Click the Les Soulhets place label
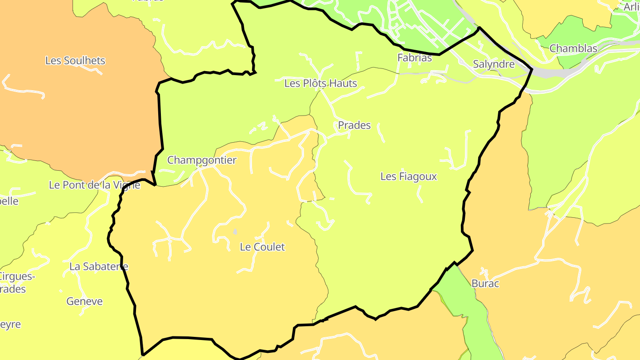pos(75,60)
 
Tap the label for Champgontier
pos(202,160)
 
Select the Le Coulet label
pos(262,247)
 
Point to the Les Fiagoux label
pos(408,176)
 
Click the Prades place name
pos(354,125)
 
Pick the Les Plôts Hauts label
pos(320,83)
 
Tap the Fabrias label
pos(414,58)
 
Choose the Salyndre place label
pos(493,64)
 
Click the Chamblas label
pos(573,48)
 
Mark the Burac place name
pos(485,284)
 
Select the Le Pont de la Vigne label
pos(94,185)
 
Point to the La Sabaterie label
pos(99,267)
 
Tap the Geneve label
pos(84,301)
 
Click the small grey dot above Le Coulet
pos(235,232)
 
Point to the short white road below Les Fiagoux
pos(419,194)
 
